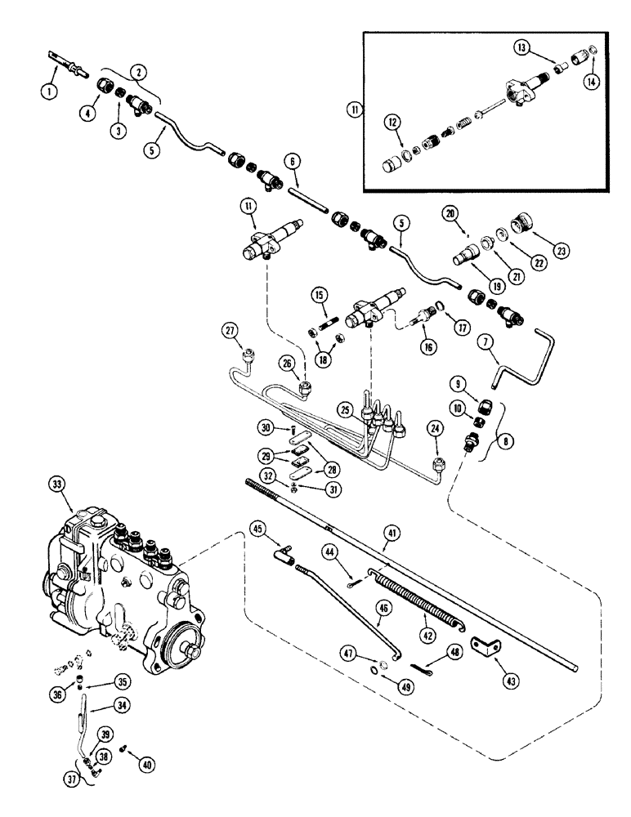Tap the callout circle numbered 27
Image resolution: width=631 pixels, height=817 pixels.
[x=231, y=329]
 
